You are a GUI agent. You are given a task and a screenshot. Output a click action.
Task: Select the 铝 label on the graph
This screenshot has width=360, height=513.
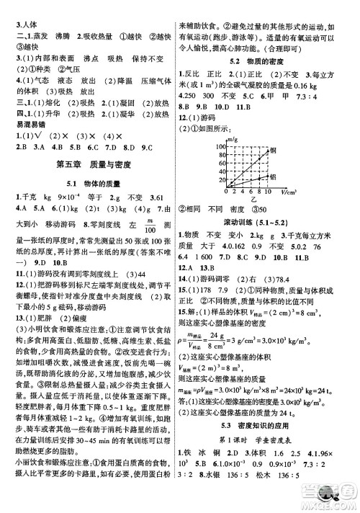(x=272, y=177)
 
